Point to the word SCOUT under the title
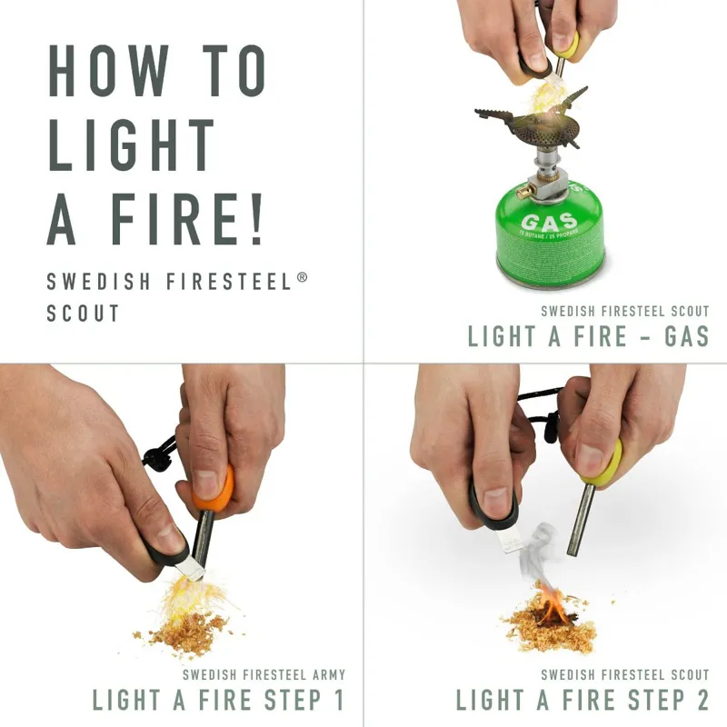[83, 314]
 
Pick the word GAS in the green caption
[686, 336]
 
